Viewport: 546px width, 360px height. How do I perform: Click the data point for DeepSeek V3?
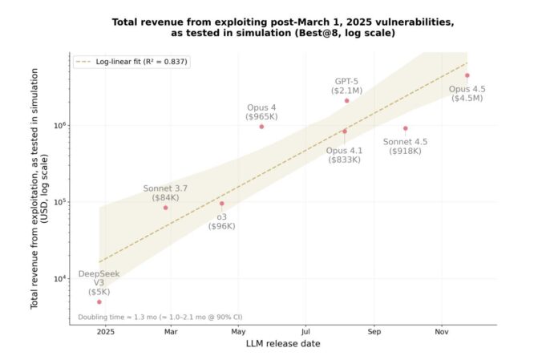pyautogui.click(x=99, y=301)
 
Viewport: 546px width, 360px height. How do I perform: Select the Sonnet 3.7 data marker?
pyautogui.click(x=166, y=208)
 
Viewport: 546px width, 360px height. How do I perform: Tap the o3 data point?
pyautogui.click(x=222, y=203)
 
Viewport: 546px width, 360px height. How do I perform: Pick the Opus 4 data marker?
pyautogui.click(x=261, y=126)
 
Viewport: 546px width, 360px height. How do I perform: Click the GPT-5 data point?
pyautogui.click(x=346, y=100)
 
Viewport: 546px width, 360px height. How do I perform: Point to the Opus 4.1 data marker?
pyautogui.click(x=345, y=131)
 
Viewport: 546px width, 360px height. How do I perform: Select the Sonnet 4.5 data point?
pyautogui.click(x=405, y=128)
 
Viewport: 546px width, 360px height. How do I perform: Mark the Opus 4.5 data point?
pyautogui.click(x=467, y=75)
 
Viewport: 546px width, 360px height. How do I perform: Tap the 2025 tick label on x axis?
pyautogui.click(x=105, y=331)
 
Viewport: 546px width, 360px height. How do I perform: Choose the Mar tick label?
pyautogui.click(x=171, y=331)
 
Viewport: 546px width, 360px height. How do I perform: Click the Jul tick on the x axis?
pyautogui.click(x=305, y=331)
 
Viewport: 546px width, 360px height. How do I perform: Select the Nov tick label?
pyautogui.click(x=441, y=331)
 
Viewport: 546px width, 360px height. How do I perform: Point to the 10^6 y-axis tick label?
pyautogui.click(x=59, y=126)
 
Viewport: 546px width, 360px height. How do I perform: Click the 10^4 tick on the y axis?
pyautogui.click(x=59, y=279)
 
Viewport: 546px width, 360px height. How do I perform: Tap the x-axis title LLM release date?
pyautogui.click(x=283, y=344)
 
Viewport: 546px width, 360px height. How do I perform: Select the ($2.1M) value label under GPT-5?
pyautogui.click(x=346, y=91)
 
